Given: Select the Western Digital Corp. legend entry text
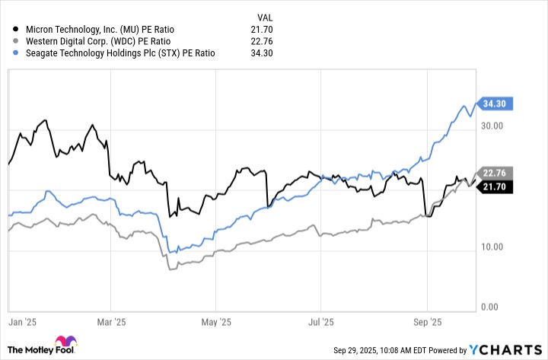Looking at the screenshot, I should (x=85, y=40).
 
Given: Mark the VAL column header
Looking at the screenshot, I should (x=263, y=14).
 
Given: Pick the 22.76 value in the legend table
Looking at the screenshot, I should (x=261, y=40).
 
